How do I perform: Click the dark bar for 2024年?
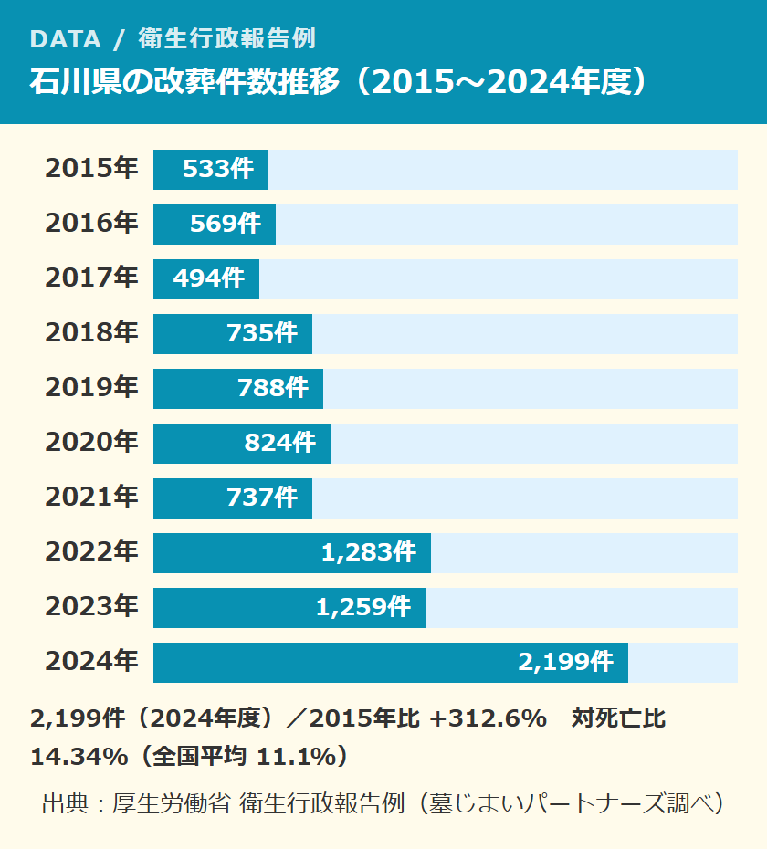click(x=391, y=662)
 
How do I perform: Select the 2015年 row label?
click(x=91, y=168)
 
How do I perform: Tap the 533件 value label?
click(x=217, y=169)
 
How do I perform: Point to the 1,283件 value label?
click(x=369, y=552)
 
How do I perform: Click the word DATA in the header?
click(x=66, y=39)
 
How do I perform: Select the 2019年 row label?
click(x=91, y=387)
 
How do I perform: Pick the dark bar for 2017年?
click(x=206, y=278)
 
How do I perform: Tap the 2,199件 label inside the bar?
click(x=565, y=662)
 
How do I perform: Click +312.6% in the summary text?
click(x=488, y=718)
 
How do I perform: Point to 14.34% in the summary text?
click(x=79, y=757)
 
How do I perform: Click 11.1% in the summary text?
click(x=297, y=757)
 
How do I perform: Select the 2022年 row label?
click(x=91, y=551)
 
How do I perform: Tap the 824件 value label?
click(x=279, y=443)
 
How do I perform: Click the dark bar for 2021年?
click(x=233, y=498)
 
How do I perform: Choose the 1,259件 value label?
click(x=362, y=607)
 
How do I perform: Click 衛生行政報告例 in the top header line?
click(x=227, y=39)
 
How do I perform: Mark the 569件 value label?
click(x=226, y=224)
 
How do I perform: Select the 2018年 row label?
click(x=91, y=332)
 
